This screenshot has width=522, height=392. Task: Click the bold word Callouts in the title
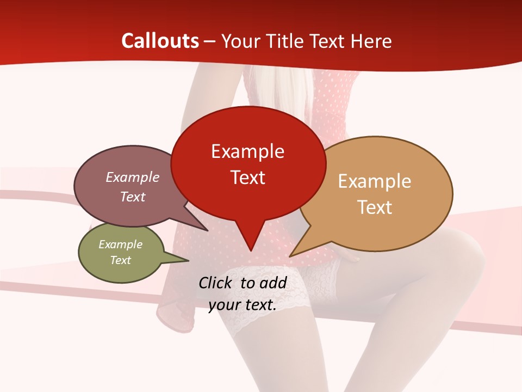point(160,41)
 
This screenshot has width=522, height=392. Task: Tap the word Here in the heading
point(372,41)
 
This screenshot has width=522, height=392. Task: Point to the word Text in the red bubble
point(247,177)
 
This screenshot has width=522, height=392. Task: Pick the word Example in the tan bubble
point(375,181)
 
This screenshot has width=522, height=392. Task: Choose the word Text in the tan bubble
point(375,207)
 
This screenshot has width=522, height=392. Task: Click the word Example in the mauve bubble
point(132,177)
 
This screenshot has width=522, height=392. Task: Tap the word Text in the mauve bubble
point(132,197)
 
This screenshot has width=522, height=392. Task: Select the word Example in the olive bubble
point(120,244)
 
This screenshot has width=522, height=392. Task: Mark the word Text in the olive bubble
point(120,260)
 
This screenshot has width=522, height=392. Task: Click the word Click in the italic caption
point(216,283)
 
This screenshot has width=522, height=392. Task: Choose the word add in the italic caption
point(274,283)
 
